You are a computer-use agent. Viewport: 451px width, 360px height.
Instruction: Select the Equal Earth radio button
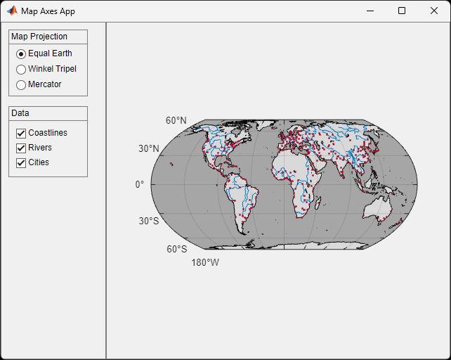coord(21,53)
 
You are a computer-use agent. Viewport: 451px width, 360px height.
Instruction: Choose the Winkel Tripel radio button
coord(21,69)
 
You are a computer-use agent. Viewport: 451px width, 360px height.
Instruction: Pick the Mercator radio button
coord(21,84)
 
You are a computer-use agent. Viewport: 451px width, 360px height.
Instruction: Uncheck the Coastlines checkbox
coord(21,133)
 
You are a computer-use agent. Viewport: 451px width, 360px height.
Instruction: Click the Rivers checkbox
coord(21,148)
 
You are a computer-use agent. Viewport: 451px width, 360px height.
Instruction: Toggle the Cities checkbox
coord(21,162)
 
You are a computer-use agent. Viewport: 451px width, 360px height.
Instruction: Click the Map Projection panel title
coord(39,37)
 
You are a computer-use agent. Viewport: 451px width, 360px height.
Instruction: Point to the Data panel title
coord(20,113)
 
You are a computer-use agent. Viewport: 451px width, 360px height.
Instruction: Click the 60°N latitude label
coord(176,120)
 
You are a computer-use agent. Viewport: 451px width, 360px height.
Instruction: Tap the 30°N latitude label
coord(149,148)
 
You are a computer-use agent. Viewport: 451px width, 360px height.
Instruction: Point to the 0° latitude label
coord(140,184)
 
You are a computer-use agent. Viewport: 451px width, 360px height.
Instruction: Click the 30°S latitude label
coord(149,221)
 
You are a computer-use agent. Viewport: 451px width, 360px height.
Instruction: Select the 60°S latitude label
coord(176,249)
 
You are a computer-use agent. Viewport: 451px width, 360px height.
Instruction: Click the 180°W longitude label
coord(205,263)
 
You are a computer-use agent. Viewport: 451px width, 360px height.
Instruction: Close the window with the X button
coord(433,11)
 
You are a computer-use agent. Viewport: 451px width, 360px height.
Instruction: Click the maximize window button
coord(402,11)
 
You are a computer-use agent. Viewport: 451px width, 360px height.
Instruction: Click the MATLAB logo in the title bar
coord(12,11)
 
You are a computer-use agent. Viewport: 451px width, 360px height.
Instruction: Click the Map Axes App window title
coord(48,11)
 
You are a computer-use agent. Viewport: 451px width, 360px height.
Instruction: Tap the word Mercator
coord(45,84)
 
